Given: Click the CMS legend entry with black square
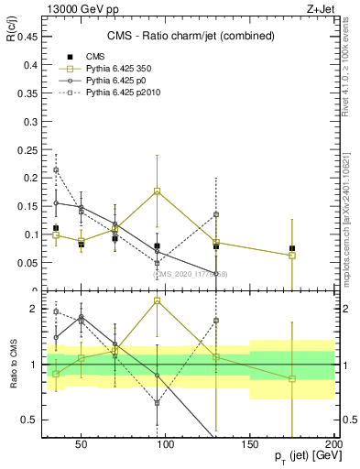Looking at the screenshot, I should tap(81, 56).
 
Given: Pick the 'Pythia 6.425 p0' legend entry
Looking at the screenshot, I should tap(98, 82).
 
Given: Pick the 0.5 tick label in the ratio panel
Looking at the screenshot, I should tap(27, 420).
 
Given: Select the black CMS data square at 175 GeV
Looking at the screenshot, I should tap(292, 248).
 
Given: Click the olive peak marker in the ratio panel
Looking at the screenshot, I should tap(158, 300).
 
